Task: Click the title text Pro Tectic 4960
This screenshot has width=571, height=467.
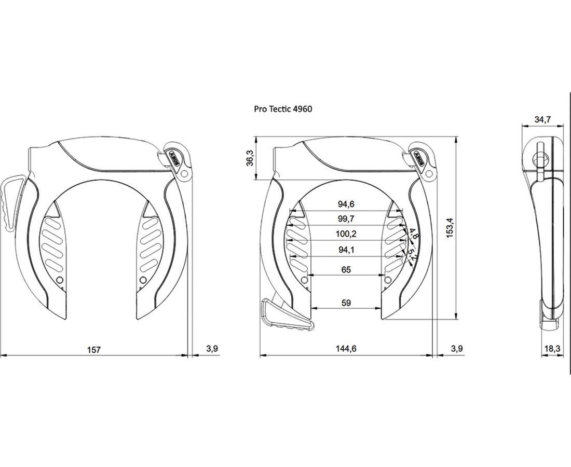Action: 283,109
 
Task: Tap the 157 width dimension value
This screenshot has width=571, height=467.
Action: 93,350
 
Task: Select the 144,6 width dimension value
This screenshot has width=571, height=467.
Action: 346,348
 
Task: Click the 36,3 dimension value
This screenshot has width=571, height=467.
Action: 250,158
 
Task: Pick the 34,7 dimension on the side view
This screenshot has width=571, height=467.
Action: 542,119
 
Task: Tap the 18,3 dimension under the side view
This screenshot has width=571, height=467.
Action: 552,348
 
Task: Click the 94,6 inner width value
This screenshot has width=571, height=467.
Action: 346,204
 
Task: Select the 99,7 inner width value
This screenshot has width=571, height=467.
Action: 346,219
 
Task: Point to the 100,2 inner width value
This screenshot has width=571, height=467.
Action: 346,234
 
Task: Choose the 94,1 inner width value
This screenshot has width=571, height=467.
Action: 346,250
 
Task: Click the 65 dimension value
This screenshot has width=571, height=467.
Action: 346,269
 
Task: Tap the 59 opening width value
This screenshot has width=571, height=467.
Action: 346,303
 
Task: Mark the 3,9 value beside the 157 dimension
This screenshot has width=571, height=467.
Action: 212,348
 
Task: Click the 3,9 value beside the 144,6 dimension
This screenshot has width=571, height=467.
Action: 457,348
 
